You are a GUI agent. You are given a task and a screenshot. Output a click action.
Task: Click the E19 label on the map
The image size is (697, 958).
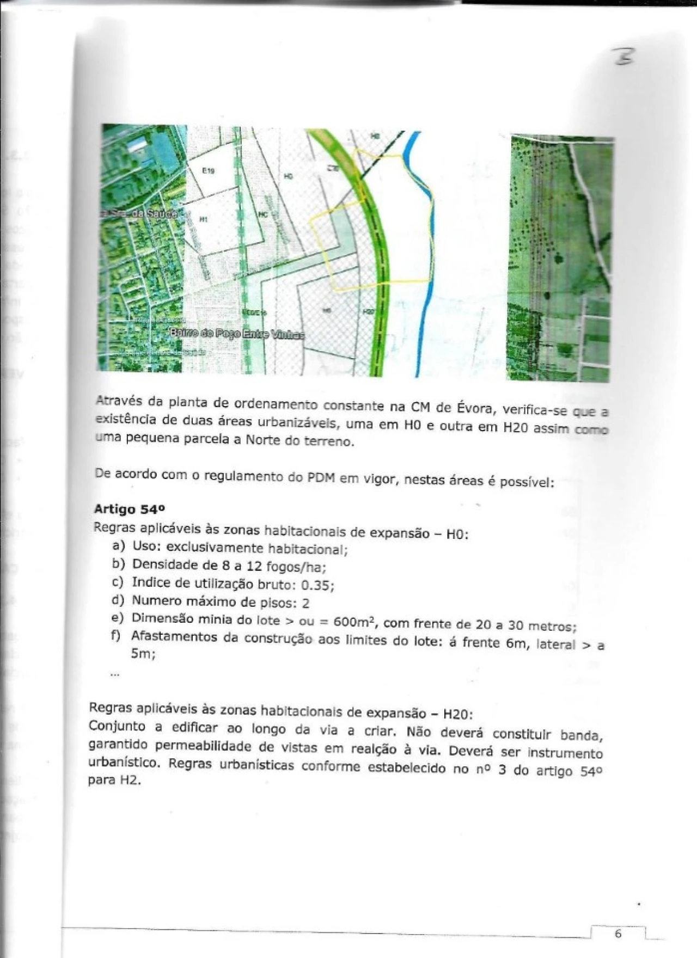point(208,171)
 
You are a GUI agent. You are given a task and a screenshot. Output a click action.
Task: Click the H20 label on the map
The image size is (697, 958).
point(369,311)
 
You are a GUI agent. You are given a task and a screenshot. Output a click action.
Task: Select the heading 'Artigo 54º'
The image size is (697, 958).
point(129,509)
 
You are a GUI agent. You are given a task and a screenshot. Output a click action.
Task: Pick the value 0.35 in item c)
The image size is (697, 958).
point(317,585)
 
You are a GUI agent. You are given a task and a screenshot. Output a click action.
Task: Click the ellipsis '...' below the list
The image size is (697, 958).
point(114,674)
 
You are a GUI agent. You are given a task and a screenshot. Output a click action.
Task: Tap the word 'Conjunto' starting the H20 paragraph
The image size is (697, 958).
point(117,726)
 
